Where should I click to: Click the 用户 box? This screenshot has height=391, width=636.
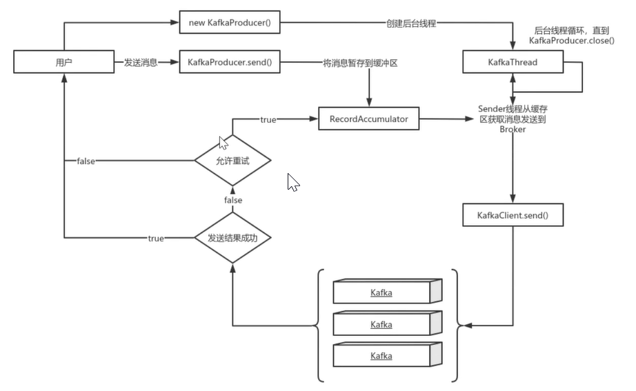coord(64,63)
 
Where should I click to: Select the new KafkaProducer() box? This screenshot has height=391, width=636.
coord(230,22)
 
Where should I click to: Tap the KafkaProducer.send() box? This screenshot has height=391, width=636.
coord(230,63)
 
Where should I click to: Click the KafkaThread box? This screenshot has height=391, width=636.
coord(513,63)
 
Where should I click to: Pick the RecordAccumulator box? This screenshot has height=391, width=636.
coord(368,119)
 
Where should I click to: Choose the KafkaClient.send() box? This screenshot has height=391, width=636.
coord(513,216)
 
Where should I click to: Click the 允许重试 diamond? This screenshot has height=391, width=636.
coord(232,161)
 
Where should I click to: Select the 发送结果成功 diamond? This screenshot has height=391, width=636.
coord(232,239)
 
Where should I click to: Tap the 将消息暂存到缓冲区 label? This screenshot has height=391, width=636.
coord(361,63)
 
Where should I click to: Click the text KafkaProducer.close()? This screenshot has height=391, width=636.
coord(572,41)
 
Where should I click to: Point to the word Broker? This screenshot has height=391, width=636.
coord(513,129)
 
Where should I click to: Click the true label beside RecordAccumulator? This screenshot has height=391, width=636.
coord(268,120)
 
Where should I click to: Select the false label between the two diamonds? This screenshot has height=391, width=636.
coord(232,200)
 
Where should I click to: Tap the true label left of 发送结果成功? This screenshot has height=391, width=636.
coord(156,239)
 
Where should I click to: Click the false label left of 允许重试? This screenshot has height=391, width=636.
coord(86,161)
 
